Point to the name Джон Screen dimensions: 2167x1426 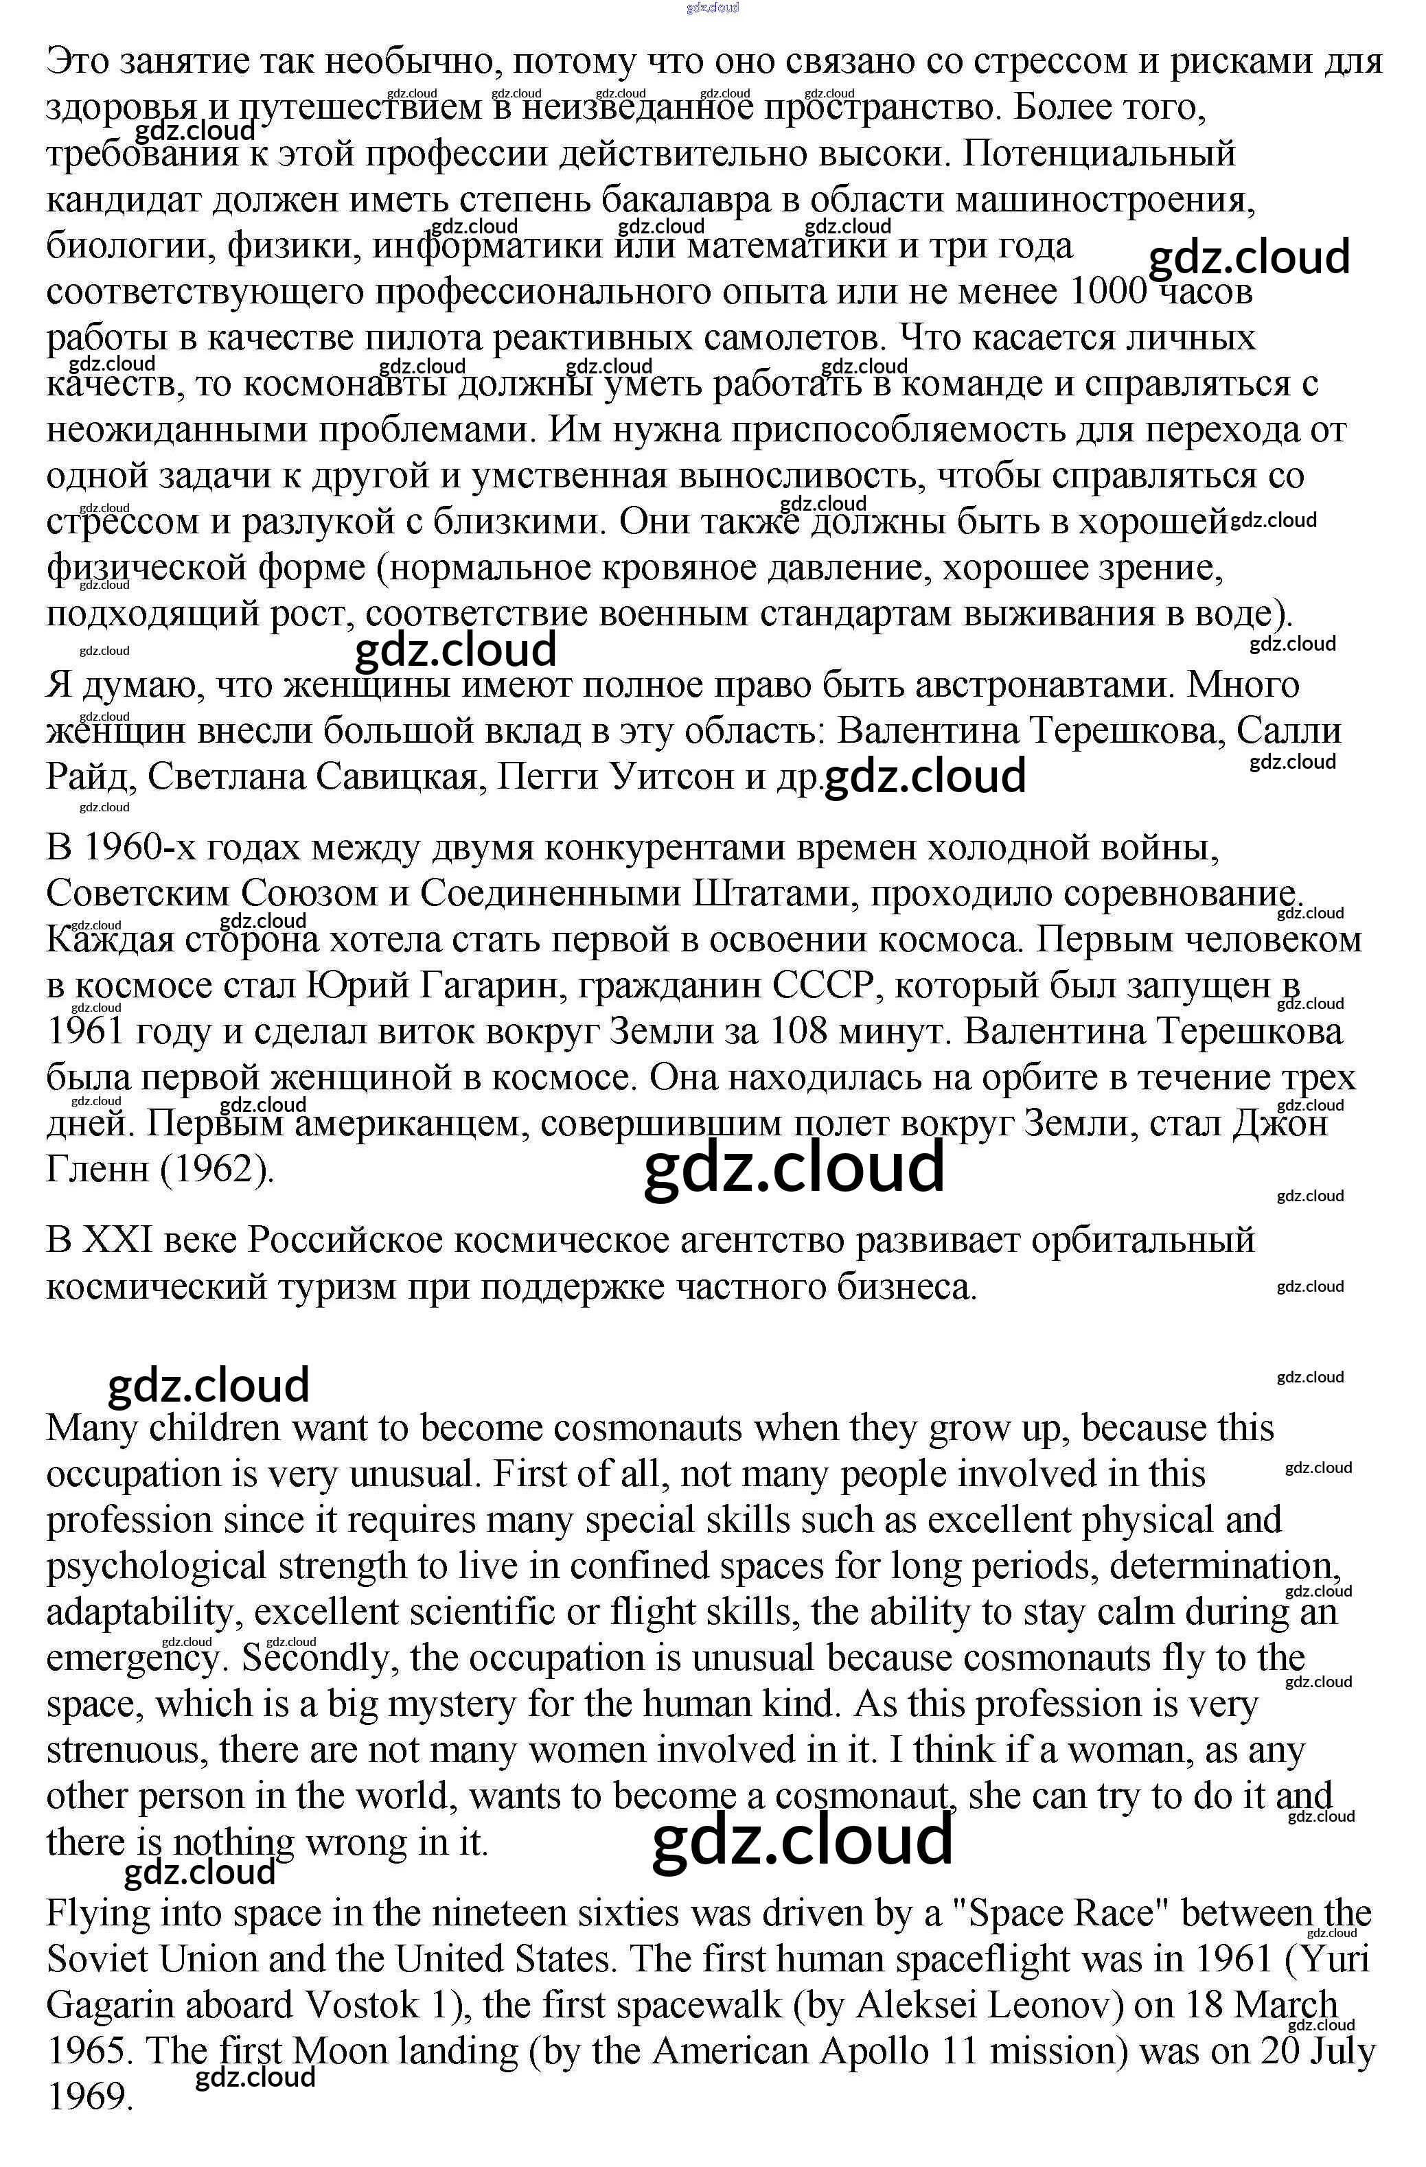(x=1279, y=1124)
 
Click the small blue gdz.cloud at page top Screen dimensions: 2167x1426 (x=713, y=8)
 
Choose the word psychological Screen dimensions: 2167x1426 (x=156, y=1566)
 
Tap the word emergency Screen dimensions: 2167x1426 (x=133, y=1658)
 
